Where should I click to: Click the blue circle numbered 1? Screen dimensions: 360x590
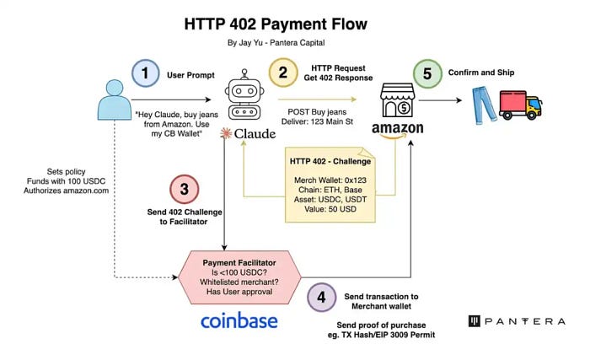click(x=146, y=74)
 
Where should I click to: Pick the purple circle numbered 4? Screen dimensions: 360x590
click(x=321, y=297)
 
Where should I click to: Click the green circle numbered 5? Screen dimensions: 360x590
click(x=428, y=74)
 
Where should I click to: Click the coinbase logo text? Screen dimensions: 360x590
click(x=239, y=322)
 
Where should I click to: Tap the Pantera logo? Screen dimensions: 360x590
click(x=516, y=321)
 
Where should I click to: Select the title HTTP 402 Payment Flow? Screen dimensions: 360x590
click(x=294, y=22)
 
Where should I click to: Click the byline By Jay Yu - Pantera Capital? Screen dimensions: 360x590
click(x=294, y=42)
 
